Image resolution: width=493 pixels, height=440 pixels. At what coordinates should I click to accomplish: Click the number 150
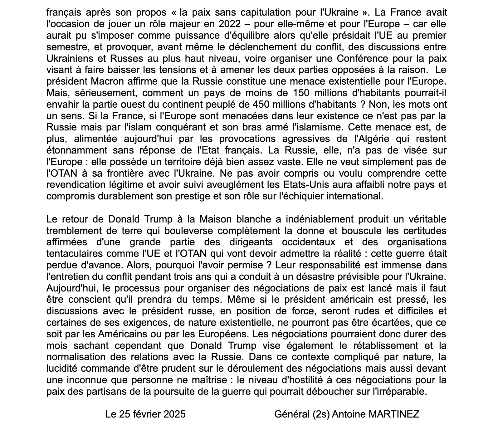click(303, 93)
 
